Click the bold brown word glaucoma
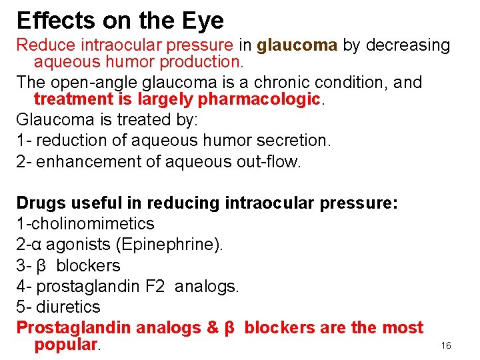(x=297, y=45)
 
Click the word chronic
(x=290, y=82)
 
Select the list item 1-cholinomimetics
(x=85, y=223)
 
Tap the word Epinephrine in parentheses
(x=169, y=244)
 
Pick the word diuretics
(x=68, y=307)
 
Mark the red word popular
(x=65, y=345)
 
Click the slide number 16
(x=446, y=345)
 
